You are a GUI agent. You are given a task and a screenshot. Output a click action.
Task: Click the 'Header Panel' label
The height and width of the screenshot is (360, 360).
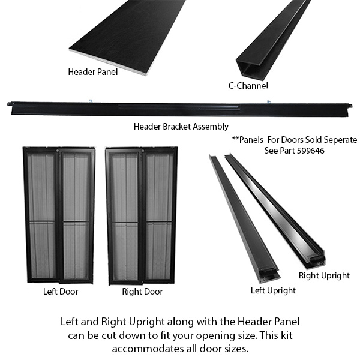point(93,72)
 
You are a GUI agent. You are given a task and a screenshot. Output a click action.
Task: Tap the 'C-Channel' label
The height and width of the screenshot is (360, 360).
point(248,86)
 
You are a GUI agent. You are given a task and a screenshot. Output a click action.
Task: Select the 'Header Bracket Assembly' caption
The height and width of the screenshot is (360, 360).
point(181,127)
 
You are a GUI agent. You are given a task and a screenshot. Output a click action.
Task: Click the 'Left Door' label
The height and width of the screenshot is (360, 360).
point(61,292)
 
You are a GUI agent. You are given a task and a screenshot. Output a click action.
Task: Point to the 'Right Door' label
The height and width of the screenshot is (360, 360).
point(142,292)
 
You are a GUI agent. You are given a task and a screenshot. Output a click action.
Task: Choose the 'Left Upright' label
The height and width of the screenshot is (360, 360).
point(273,290)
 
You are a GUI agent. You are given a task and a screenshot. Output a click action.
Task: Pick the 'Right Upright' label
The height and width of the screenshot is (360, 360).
point(324,275)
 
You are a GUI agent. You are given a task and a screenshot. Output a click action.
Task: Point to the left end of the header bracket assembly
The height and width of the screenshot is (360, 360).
point(10,104)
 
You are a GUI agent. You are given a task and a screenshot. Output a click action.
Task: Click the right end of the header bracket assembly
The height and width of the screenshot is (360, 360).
point(350,106)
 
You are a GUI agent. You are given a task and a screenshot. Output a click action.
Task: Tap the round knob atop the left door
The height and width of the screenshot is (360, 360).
point(57,151)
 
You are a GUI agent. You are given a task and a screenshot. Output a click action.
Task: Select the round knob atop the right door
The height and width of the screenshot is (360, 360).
point(143,151)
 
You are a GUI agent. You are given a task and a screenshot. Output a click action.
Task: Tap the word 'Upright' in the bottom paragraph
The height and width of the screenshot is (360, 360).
point(146,322)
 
